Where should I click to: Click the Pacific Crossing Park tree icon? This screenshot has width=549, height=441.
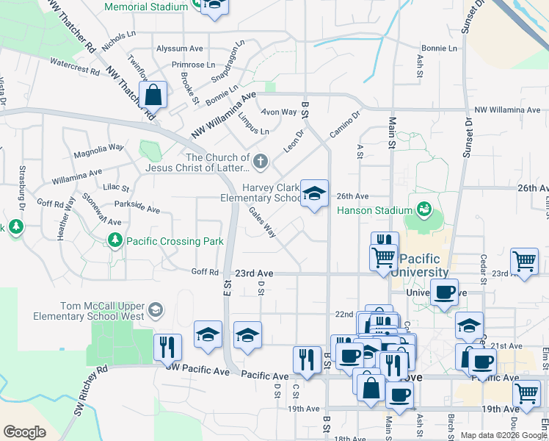(x=114, y=240)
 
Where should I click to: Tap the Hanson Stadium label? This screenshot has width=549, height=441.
(x=374, y=210)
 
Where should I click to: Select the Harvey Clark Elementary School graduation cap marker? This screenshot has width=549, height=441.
(x=315, y=194)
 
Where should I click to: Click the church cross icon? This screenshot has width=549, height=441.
(x=260, y=161)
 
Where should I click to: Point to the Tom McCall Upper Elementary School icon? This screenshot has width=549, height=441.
(x=155, y=310)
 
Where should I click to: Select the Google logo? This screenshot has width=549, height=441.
(x=24, y=432)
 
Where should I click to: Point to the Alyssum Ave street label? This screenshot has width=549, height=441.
(x=179, y=49)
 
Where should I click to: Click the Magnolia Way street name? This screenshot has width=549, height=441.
(x=98, y=155)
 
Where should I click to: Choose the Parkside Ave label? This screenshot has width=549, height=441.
(x=137, y=209)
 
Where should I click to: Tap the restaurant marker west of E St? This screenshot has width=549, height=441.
(x=167, y=347)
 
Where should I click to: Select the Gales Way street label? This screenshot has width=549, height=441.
(x=262, y=222)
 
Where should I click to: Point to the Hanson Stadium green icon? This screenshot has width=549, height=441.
(x=423, y=210)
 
